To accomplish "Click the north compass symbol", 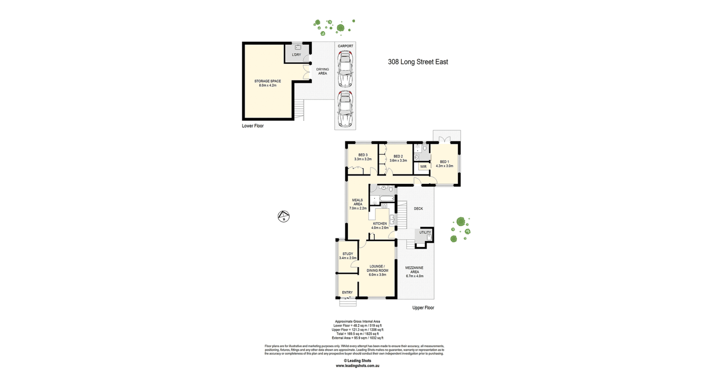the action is tap(284, 216).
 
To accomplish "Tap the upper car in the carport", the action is tap(345, 69).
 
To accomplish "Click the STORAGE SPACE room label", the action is tap(268, 81).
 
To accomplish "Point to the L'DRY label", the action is tap(297, 55).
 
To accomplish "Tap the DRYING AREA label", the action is tap(322, 71).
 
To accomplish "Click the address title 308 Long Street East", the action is tap(418, 62).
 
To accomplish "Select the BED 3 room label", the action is tap(363, 155).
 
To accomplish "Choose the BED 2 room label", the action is tap(398, 156).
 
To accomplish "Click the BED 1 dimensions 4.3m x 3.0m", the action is tap(444, 166).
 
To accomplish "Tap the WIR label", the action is tap(423, 167).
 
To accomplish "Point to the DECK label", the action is tap(419, 208).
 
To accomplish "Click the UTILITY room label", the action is tap(425, 233).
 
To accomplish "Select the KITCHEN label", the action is tap(380, 224).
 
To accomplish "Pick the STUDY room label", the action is tap(348, 254).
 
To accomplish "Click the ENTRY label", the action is tap(347, 292).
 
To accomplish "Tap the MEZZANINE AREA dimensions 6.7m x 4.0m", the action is tap(415, 276).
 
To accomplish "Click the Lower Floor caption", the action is tap(253, 126).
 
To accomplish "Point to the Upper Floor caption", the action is tap(423, 308).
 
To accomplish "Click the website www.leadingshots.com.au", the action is tap(358, 366).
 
